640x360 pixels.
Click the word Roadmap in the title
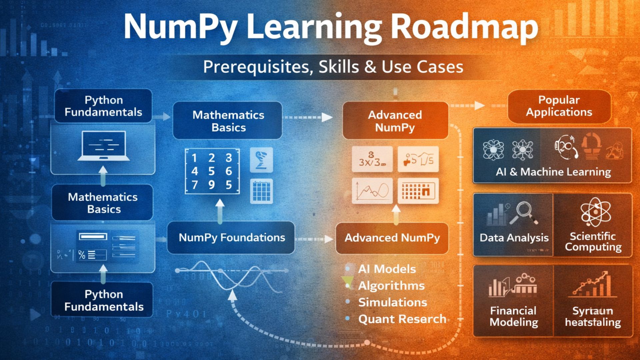[464, 28]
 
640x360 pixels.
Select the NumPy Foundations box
[231, 238]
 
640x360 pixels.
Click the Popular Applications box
[559, 106]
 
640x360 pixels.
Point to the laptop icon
[104, 146]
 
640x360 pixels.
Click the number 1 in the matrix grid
[194, 158]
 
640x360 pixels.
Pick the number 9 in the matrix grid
[211, 185]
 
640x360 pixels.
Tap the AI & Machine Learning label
[553, 172]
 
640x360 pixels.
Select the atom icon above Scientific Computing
[595, 212]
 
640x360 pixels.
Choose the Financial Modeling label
[513, 316]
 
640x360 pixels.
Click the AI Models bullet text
[387, 269]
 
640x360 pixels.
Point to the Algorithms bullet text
[391, 286]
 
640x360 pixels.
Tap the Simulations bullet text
[392, 302]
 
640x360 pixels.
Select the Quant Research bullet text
[402, 319]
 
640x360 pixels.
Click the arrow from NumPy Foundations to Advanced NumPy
[315, 239]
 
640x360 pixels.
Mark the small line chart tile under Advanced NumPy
[372, 191]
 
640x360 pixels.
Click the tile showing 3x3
[372, 159]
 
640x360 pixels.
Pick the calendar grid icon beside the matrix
[261, 191]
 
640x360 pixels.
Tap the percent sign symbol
[82, 255]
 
